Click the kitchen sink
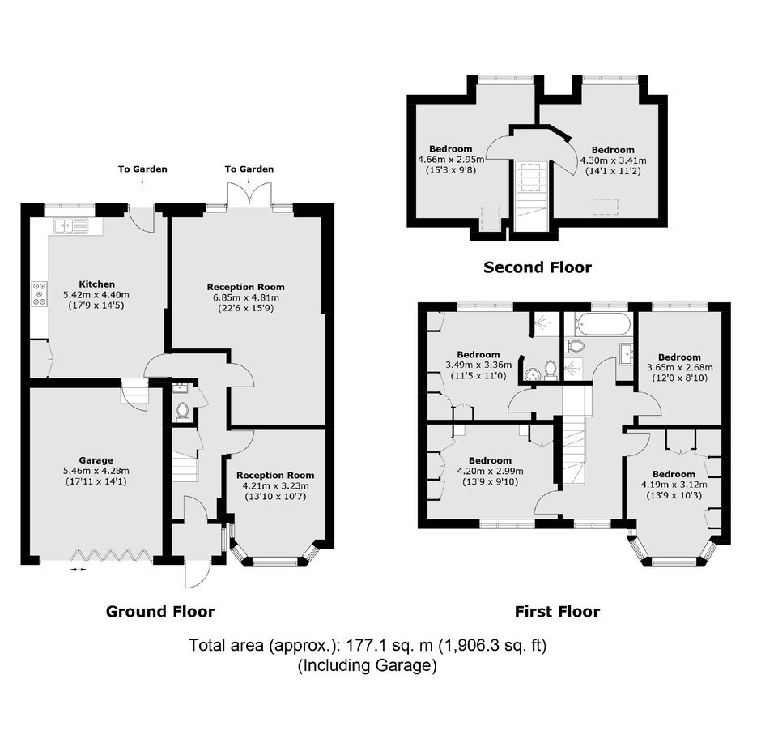(x=71, y=226)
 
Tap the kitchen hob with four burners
(x=40, y=294)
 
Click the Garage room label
(x=96, y=460)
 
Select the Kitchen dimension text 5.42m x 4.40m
(x=96, y=295)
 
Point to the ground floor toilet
(x=182, y=411)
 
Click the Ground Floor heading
(x=160, y=611)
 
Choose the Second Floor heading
(x=538, y=267)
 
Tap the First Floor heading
(x=557, y=611)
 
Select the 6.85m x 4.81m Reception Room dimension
(x=245, y=297)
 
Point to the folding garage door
(x=109, y=555)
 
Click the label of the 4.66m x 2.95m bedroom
(x=450, y=149)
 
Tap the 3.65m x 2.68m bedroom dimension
(x=679, y=367)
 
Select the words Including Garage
(x=367, y=665)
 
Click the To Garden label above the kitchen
(x=142, y=169)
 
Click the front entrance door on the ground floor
(x=197, y=573)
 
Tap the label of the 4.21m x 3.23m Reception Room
(x=275, y=475)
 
